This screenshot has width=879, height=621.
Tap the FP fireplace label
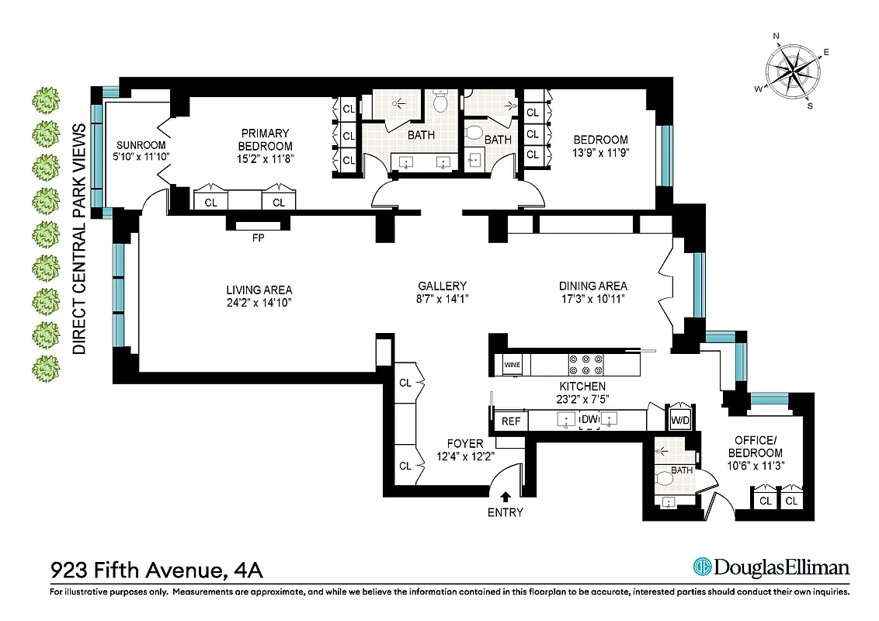[x=258, y=238]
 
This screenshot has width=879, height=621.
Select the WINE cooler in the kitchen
[x=512, y=364]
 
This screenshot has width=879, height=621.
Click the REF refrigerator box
[x=510, y=421]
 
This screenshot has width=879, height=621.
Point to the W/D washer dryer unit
[x=679, y=421]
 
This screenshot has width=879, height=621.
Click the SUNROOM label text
[x=137, y=145]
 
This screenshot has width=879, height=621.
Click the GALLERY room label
[x=441, y=286]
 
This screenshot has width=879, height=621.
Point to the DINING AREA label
[x=593, y=286]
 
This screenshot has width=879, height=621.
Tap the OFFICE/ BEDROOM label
[x=758, y=446]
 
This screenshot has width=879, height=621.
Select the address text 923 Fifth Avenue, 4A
[x=156, y=571]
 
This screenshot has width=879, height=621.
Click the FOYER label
[x=465, y=443]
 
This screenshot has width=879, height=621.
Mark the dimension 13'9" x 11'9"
[x=596, y=153]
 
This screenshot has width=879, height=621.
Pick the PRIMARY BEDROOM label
[x=265, y=140]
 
